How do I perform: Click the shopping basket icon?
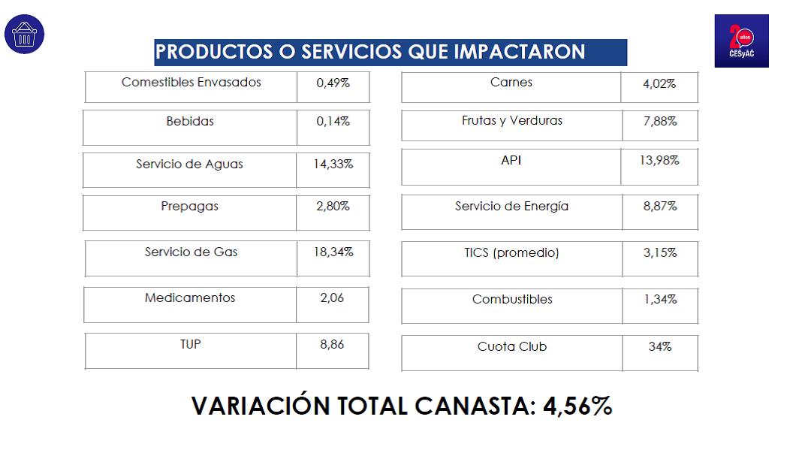[x=25, y=34]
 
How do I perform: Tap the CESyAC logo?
[x=741, y=41]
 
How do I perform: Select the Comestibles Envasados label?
[x=191, y=82]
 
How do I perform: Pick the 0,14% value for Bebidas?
[x=333, y=121]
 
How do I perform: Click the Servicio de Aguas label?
[x=189, y=164]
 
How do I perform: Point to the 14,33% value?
[x=333, y=164]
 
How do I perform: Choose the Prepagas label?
[x=189, y=206]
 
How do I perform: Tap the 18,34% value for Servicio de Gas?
[x=333, y=252]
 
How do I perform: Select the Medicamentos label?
[x=190, y=298]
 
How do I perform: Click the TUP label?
[x=191, y=344]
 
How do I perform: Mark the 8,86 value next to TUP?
[x=333, y=344]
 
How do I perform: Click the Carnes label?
[x=511, y=82]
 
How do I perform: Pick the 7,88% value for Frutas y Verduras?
[x=660, y=121]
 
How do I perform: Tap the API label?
[x=511, y=160]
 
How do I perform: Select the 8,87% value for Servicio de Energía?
[x=660, y=206]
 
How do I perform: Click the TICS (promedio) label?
[x=511, y=253]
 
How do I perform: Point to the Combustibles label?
[x=512, y=299]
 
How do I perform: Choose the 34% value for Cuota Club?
[x=660, y=346]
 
